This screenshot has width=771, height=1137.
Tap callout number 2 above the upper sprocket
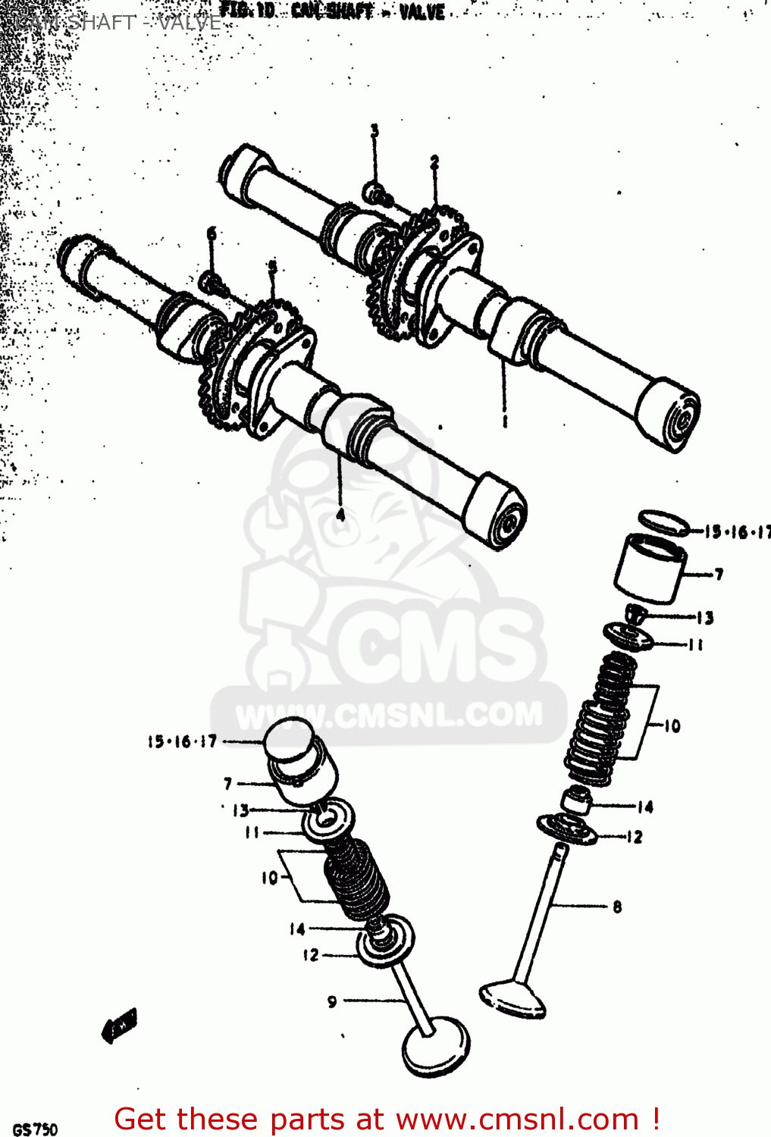pos(434,162)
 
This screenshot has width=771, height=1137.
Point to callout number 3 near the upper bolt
pos(375,131)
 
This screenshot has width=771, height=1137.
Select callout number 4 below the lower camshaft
pos(341,515)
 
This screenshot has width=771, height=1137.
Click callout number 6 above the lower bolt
pos(212,233)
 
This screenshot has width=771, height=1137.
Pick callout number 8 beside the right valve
pos(617,907)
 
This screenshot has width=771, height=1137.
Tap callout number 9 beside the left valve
pos(332,1001)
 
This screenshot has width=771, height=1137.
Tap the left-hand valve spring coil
pos(356,879)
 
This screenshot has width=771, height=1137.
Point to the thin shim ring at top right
pos(663,522)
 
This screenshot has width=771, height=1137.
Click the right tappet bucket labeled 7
pos(650,568)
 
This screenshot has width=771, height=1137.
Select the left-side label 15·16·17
pos(183,741)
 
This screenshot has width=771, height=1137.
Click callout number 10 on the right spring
pos(672,726)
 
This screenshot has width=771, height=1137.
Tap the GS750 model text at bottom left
pos(35,1129)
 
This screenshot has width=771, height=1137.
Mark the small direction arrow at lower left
pos(120,1026)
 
